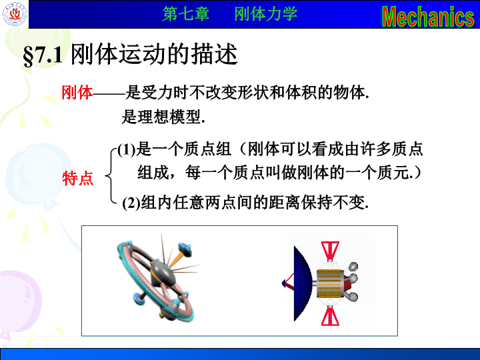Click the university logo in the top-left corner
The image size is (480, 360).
point(15,14)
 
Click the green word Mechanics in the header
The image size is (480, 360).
point(428,16)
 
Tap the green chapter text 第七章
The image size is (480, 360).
point(186,14)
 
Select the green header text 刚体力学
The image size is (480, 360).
point(266,14)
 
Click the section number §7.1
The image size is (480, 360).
point(43,55)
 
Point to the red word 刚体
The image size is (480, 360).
point(77,92)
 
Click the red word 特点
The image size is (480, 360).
point(78,178)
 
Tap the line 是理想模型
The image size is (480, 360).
point(163,117)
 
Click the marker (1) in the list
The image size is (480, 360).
point(127,150)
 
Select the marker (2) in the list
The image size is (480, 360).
point(131,203)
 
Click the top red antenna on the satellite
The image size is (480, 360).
point(330,251)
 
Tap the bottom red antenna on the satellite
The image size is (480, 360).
point(330,316)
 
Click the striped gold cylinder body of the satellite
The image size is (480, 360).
point(329,284)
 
